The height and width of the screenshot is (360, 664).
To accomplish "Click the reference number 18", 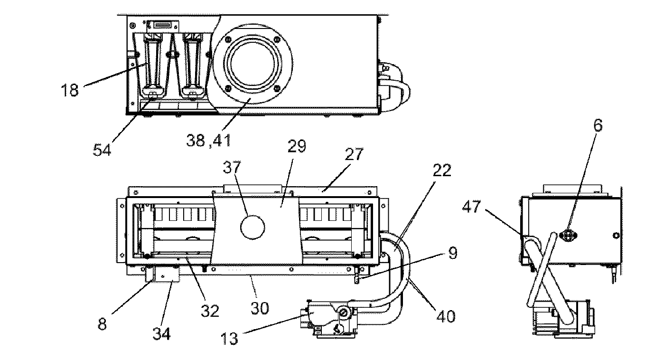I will point(69,89).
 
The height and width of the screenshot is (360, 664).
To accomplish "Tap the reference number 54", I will point(103,150).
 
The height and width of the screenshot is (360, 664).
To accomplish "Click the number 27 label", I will point(355,155).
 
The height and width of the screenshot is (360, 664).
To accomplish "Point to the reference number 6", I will point(598,125).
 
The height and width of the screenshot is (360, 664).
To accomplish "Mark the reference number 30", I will point(260,309).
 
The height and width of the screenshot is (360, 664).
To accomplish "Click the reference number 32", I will point(209,311).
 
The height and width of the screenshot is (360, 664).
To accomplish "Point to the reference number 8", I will point(103,324).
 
